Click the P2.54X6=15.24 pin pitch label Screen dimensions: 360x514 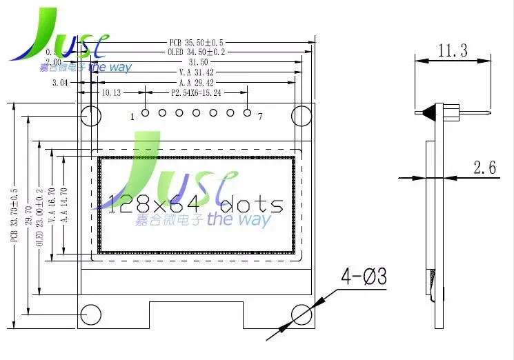click(197, 92)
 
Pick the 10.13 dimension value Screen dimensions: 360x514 click(111, 92)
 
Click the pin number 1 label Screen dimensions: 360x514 click(131, 117)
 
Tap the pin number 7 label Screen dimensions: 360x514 click(259, 117)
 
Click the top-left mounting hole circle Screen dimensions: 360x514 click(90, 115)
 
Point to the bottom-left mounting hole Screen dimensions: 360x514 click(90, 314)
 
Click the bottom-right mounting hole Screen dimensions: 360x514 click(302, 314)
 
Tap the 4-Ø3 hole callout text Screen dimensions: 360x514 click(364, 277)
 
